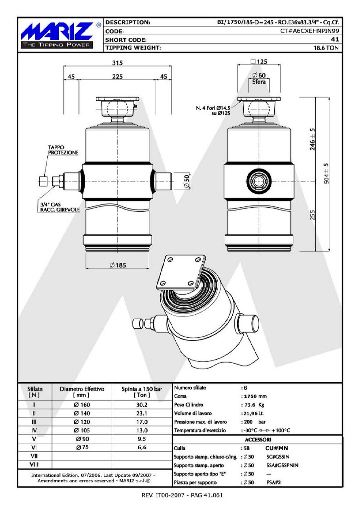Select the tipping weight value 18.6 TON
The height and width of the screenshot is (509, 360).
coord(326,48)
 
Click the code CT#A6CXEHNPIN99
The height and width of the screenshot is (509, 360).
coord(310,31)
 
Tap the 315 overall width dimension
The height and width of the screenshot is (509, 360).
coord(117,63)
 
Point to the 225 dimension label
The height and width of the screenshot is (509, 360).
coord(117,77)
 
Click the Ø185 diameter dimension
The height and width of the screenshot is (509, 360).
coord(118,265)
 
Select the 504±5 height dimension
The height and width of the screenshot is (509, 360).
coord(326,173)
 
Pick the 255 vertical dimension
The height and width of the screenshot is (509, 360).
coord(312,215)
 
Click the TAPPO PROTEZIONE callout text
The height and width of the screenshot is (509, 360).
coord(63,150)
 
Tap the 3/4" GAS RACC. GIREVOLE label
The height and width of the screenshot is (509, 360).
coord(60,207)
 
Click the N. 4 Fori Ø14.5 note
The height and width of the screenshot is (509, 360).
coord(213,108)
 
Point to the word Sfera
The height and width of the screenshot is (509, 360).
coord(259,82)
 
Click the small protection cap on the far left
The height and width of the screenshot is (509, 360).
coord(43,181)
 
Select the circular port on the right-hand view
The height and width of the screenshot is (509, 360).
coord(259,181)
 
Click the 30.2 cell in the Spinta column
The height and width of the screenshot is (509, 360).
coord(142,405)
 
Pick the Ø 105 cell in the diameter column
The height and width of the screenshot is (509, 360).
coord(82,431)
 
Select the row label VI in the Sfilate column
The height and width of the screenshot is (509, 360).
coord(34,447)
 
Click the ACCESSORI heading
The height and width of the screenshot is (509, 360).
coord(258,440)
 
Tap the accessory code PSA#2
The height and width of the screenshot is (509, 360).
coord(274,482)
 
